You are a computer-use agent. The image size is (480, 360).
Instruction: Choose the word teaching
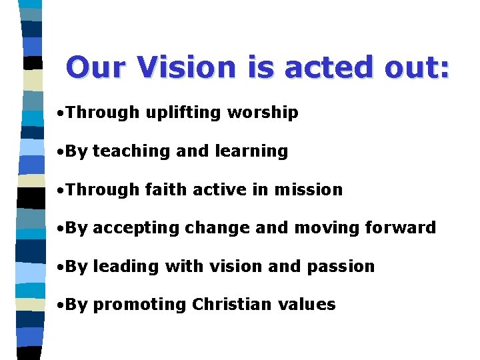pos(132,151)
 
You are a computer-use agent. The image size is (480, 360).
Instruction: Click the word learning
pos(250,151)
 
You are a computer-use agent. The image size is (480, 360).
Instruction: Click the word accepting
pos(136,228)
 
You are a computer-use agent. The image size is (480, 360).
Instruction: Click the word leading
pos(126,266)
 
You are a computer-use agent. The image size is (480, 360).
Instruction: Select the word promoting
pos(139,305)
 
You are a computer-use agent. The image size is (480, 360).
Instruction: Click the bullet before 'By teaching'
pos(61,152)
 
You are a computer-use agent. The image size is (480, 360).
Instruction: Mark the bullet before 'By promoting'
pos(61,305)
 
